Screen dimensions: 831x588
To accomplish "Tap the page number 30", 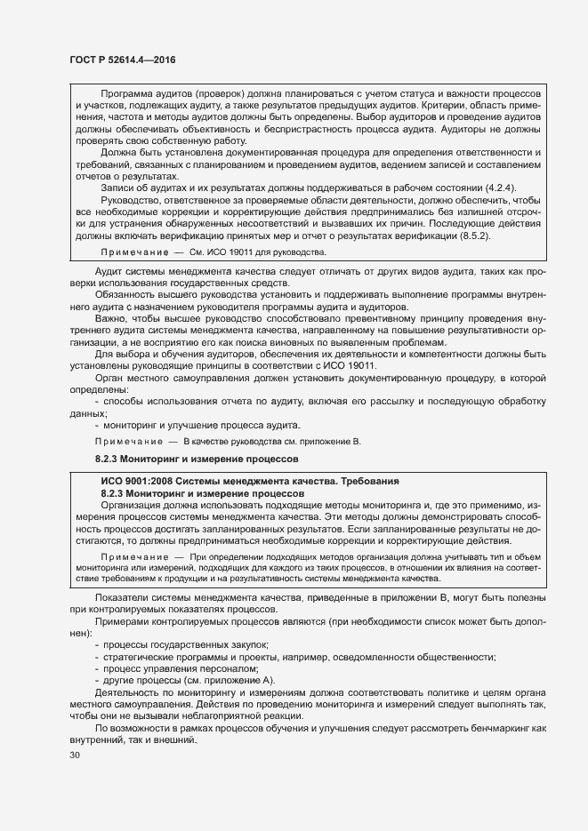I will click(75, 755).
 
